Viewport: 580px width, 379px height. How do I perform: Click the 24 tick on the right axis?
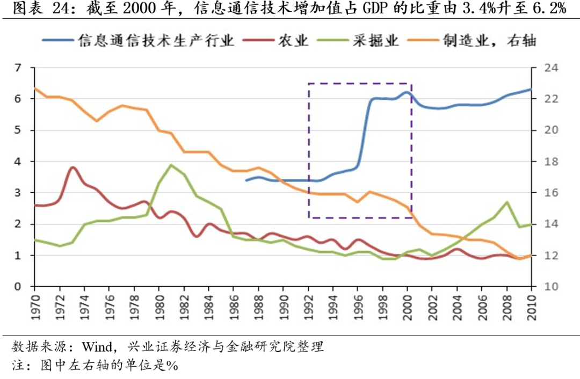pos(543,68)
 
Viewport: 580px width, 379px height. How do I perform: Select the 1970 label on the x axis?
pos(35,305)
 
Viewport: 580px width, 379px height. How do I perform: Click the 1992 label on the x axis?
pos(308,305)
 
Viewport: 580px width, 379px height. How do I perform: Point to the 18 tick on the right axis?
pos(543,162)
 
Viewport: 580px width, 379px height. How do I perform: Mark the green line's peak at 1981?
pos(171,165)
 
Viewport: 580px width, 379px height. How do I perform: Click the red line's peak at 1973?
pos(73,167)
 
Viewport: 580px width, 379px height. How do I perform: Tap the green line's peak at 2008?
pos(507,202)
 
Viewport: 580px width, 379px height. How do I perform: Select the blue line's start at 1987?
pos(246,180)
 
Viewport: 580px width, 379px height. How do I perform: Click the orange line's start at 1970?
pos(35,88)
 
